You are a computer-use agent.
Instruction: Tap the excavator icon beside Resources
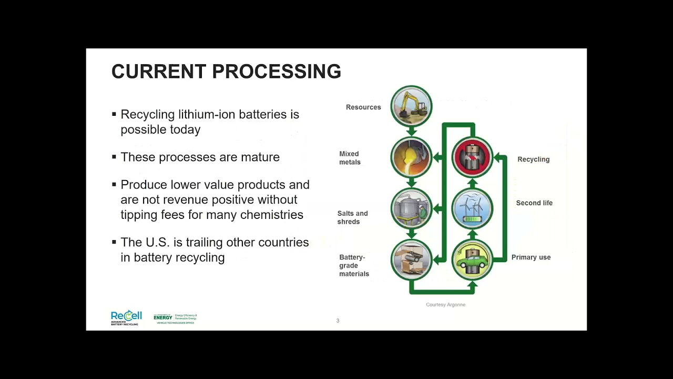pos(411,106)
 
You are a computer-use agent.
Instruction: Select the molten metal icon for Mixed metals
pos(411,157)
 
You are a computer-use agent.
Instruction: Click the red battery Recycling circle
pos(472,157)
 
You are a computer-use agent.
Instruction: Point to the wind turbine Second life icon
pos(472,208)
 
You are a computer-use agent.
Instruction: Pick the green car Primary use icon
pos(472,260)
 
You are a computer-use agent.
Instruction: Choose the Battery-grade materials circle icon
pos(411,260)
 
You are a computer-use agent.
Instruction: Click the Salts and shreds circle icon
pos(411,208)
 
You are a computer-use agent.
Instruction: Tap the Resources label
pos(363,107)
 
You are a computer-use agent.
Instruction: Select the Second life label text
pos(534,203)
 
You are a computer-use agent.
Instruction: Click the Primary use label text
pos(531,257)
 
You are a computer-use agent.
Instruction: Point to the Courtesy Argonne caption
pos(445,305)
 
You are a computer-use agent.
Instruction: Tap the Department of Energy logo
pos(175,318)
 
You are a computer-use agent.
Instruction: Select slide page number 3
pos(338,321)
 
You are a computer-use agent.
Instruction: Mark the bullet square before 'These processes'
pos(114,156)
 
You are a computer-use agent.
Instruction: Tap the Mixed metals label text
pos(350,158)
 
